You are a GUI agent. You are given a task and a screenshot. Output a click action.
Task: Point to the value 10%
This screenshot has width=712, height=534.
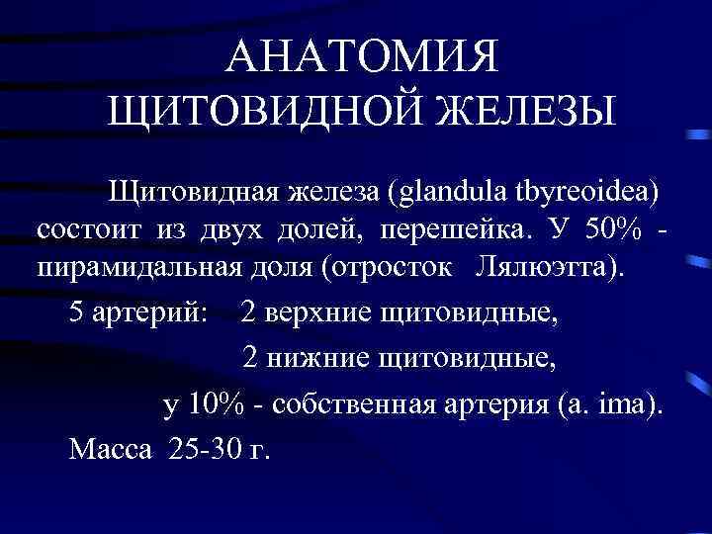(x=215, y=405)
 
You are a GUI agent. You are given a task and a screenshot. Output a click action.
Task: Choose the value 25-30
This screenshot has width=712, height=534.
(x=207, y=450)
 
